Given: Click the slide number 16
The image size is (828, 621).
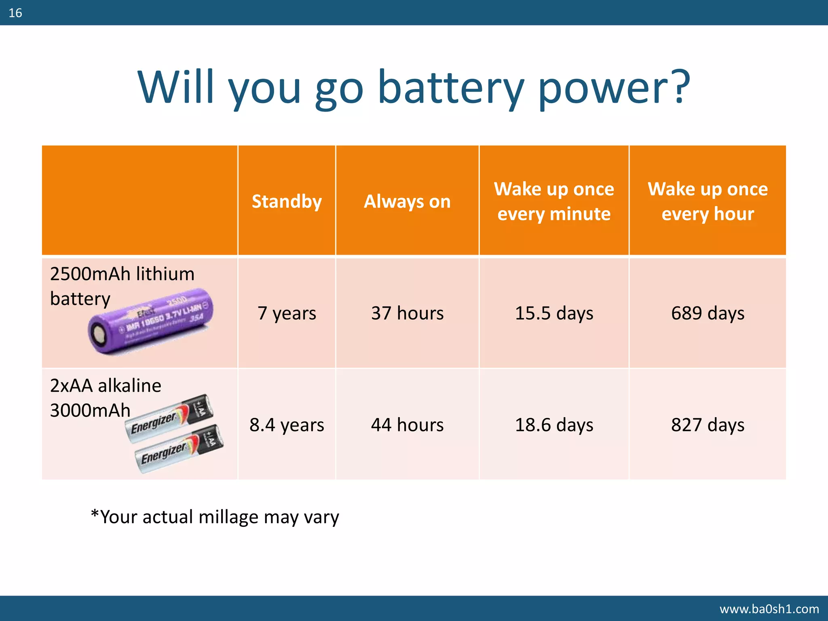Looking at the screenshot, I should (x=15, y=13).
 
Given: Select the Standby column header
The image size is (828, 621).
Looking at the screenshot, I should (x=287, y=201).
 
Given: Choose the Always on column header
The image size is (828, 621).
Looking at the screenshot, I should (x=407, y=201).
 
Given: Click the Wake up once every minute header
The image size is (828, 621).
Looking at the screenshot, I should (x=554, y=201).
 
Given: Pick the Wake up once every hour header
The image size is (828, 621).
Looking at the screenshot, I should (x=708, y=201).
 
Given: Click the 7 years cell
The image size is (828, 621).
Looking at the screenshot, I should (x=287, y=313).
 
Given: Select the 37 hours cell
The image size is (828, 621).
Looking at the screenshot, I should (x=407, y=313).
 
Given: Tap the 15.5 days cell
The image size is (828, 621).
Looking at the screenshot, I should (x=554, y=313).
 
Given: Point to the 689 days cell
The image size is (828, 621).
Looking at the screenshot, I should (x=708, y=313).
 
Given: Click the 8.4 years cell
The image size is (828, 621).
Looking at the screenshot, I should (x=287, y=425).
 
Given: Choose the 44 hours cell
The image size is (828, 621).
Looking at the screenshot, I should (x=407, y=425).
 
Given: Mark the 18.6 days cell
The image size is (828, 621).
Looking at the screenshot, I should (x=554, y=425).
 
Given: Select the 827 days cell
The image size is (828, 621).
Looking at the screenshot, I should (x=708, y=425).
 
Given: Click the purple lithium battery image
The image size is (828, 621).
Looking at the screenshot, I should (x=150, y=322).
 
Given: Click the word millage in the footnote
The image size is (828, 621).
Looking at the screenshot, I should (x=228, y=517).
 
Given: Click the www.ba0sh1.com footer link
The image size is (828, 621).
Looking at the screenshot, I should (x=769, y=609).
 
